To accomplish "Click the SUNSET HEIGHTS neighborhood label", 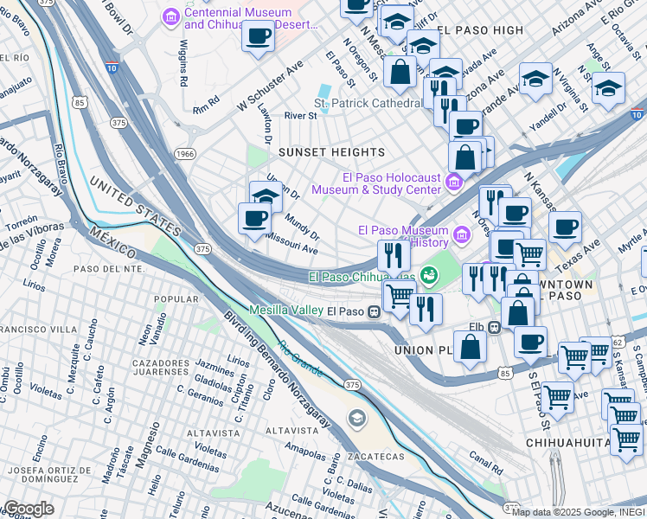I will coord(331,152).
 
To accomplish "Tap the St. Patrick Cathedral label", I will coord(368,103).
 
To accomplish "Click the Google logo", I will coord(28,509).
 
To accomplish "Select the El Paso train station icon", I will coord(374,311).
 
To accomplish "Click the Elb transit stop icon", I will coord(494,328).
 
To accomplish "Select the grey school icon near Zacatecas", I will coord(356,420).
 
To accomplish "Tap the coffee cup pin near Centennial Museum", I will coord(257,37).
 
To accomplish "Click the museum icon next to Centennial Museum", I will coord(170,16).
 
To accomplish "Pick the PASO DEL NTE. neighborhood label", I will coord(107,268).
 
